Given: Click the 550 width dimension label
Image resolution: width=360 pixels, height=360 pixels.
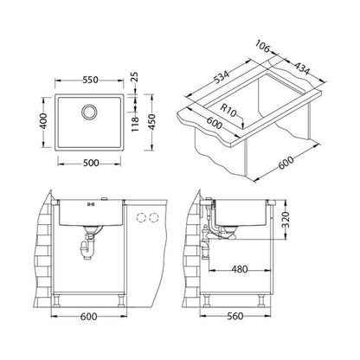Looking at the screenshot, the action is (91, 80).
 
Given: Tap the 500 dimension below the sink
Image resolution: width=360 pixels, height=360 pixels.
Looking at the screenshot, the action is (91, 164).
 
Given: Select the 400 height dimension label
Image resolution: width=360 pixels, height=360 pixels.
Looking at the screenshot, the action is (43, 121).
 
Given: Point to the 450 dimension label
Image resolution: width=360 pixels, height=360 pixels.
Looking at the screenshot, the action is (151, 122).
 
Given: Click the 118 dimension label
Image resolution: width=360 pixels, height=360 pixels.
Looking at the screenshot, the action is (135, 124).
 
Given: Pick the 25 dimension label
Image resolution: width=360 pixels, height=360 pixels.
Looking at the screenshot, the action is (135, 77).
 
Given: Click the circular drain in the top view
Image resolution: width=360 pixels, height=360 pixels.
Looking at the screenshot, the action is (89, 112).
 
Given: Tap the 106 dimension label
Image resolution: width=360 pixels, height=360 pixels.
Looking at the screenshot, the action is (262, 47).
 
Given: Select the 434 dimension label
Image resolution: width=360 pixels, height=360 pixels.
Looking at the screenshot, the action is (302, 68).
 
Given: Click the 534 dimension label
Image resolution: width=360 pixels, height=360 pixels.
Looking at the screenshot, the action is (222, 78).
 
